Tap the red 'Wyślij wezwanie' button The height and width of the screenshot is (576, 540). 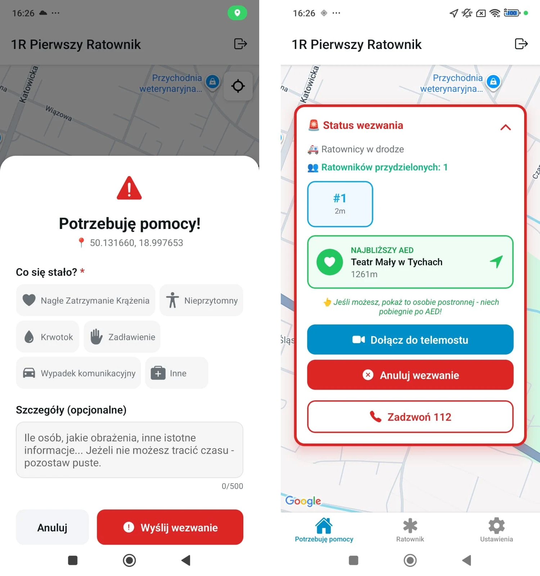tap(170, 527)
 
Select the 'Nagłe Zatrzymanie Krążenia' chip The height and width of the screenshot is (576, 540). tap(86, 300)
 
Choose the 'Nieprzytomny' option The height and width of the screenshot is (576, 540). tap(201, 300)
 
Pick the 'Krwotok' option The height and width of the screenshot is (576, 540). tap(48, 337)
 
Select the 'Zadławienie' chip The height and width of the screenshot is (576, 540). tap(122, 337)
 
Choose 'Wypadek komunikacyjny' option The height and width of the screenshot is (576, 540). tap(78, 373)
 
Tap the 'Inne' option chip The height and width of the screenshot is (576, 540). tap(177, 373)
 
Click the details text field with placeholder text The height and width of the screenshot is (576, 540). tap(130, 450)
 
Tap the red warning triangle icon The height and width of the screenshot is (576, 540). tap(129, 188)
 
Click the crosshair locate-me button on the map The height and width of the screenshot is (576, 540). tap(238, 86)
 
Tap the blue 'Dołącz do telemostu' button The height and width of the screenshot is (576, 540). tap(410, 339)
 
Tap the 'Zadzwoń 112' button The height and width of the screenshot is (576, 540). tap(410, 417)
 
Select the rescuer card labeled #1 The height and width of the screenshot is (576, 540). tap(340, 204)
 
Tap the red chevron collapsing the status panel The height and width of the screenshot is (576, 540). tap(506, 127)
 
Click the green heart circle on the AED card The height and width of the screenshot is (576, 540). tap(330, 262)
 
